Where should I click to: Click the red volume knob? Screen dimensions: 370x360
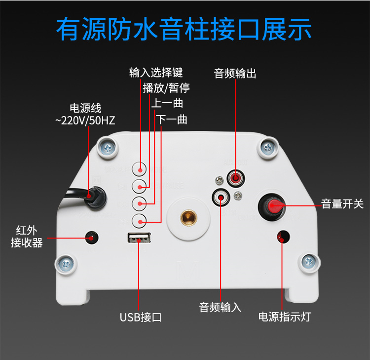click(274, 206)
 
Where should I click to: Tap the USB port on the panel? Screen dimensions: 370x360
click(139, 238)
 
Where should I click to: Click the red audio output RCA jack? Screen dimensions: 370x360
click(235, 178)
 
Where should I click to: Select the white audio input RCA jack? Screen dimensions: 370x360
click(221, 197)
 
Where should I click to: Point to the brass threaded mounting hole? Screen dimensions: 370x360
click(188, 217)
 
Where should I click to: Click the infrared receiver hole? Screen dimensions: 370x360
click(92, 238)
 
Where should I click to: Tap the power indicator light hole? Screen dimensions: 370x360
click(283, 237)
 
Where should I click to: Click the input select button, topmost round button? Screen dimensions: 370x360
click(139, 169)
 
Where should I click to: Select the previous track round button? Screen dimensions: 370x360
click(139, 203)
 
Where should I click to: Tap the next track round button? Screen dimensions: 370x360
click(139, 221)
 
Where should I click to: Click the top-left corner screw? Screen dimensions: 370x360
click(108, 148)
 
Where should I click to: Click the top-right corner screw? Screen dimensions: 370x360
click(268, 148)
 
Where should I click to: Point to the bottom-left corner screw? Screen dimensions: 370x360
click(66, 264)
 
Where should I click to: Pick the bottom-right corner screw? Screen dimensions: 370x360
click(309, 262)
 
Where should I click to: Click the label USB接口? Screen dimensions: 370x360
click(141, 317)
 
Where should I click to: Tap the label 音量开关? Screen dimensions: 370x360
click(342, 204)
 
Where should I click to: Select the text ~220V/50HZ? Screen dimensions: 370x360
click(85, 120)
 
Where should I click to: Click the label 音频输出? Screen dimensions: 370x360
click(235, 74)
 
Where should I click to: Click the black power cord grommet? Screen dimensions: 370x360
click(96, 198)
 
